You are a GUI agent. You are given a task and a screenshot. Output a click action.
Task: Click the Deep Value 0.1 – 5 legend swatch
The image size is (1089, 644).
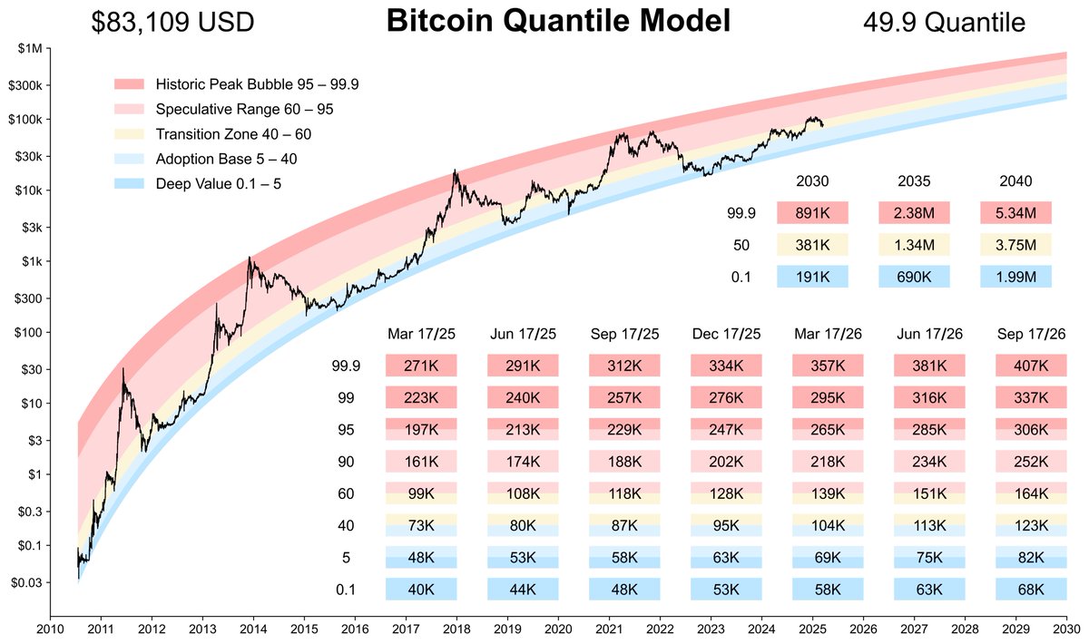point(132,184)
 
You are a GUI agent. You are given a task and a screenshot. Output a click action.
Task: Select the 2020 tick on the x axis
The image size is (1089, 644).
point(557,628)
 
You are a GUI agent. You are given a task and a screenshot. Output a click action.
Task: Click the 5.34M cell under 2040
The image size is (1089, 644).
point(1015,213)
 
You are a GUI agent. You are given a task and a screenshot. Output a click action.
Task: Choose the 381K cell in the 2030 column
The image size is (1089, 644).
point(812,245)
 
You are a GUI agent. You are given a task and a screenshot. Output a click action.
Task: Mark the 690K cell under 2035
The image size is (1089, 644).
point(914,277)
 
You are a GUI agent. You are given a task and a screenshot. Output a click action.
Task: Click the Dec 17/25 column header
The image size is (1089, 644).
point(725,334)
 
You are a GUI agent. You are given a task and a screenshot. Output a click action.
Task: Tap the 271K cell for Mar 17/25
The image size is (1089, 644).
point(420,366)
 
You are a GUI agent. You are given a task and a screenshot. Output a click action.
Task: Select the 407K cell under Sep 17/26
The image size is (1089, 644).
point(1030,366)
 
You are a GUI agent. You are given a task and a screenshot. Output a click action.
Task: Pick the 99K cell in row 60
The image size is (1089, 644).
point(420,493)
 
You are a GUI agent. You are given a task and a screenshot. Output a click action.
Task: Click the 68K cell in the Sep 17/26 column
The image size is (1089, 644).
point(1030,590)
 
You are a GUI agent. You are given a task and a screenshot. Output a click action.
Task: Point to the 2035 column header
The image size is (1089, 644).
point(914,181)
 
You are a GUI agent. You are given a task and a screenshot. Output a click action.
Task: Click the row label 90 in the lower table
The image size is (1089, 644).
point(345,462)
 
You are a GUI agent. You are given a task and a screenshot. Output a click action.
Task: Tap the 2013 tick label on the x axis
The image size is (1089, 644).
point(201,628)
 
